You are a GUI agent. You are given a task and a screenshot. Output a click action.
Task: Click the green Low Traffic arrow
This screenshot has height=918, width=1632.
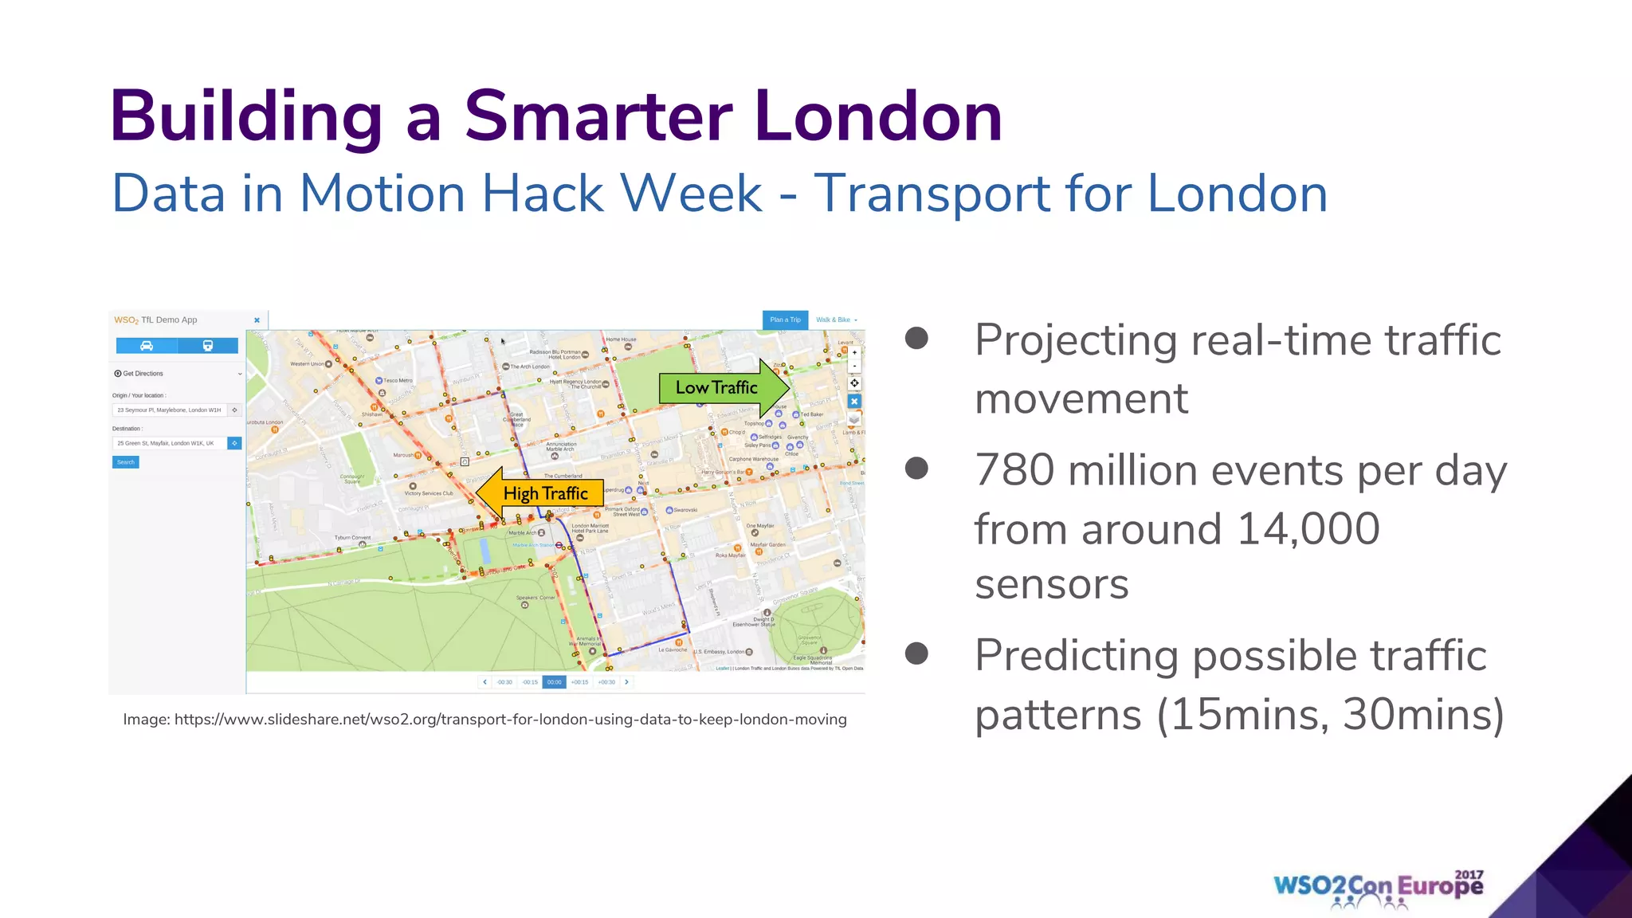721,388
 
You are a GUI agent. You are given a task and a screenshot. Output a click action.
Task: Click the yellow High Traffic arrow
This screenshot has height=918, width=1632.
542,494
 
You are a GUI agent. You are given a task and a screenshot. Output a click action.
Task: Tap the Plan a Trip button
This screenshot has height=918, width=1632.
785,320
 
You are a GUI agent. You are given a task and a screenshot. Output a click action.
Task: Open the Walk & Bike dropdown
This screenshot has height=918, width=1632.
836,320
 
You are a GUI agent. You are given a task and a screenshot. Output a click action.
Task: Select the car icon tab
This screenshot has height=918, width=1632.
147,345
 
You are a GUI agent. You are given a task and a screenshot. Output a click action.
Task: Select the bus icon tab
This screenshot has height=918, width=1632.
207,345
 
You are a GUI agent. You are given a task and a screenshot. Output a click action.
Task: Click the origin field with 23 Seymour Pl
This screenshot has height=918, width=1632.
169,410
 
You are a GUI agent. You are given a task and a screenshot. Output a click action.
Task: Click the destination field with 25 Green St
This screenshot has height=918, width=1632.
169,443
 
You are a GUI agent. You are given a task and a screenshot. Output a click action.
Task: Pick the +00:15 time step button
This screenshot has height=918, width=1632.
579,682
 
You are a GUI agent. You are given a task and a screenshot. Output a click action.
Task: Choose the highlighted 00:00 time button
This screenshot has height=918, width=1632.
554,682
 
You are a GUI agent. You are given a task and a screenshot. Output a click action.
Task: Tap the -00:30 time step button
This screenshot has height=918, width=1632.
504,682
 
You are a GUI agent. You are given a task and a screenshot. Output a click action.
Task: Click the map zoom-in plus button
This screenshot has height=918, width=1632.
854,352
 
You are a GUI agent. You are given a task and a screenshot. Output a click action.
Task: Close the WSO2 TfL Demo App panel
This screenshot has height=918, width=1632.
257,320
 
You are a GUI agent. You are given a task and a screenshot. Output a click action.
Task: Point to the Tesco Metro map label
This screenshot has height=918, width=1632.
398,381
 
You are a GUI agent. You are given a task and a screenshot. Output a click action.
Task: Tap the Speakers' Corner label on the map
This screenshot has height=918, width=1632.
535,598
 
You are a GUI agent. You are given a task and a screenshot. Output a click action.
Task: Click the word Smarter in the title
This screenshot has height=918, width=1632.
598,116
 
